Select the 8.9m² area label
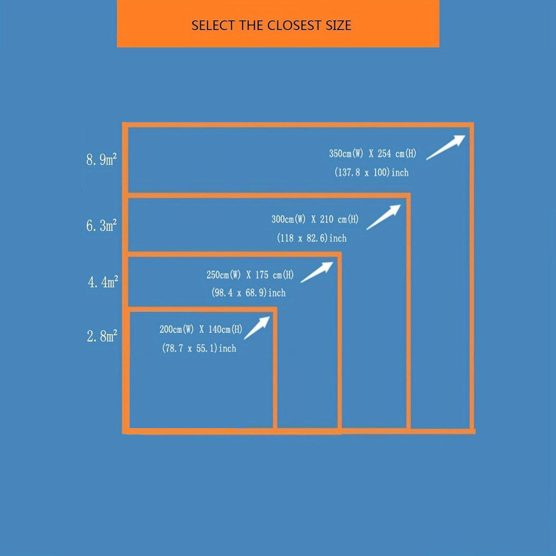pos(101,159)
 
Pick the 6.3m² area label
pos(101,225)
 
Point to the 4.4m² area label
pos(103,282)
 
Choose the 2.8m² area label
pos(102,336)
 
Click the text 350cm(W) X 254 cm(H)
pos(373,153)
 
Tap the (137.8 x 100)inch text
pos(371,172)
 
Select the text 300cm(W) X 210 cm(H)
pos(315,219)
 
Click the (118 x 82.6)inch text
pos(312,238)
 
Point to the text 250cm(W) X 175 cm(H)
pos(250,275)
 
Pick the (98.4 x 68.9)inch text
pos(248,293)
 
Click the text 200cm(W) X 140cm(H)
pos(201,329)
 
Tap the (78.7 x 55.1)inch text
pos(199,348)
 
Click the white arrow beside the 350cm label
pos(446,147)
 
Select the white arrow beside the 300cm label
pos(384,217)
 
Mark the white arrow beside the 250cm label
pos(317,272)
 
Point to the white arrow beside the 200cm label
pos(257,328)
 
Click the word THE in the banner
pos(251,25)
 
